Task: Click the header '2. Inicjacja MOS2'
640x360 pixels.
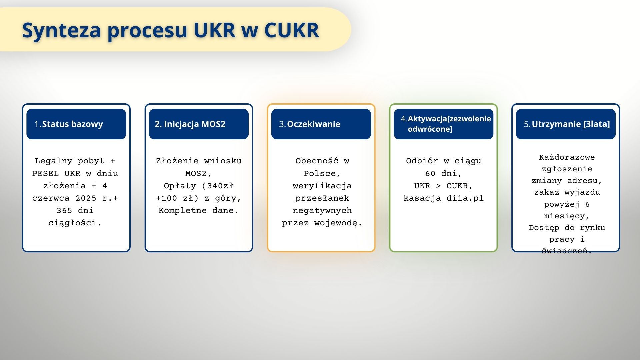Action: click(x=190, y=124)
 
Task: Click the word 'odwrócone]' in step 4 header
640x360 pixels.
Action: click(x=430, y=129)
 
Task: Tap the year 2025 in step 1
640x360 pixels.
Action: click(x=86, y=198)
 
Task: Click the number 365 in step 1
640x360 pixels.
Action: click(x=65, y=211)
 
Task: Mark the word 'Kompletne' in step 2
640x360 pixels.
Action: click(x=182, y=211)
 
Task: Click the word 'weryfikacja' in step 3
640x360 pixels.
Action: click(x=322, y=186)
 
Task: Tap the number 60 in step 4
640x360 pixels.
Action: click(x=430, y=173)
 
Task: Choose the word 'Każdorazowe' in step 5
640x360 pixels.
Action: click(x=567, y=157)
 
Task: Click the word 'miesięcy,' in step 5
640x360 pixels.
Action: click(x=567, y=216)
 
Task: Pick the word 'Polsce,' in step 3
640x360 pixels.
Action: click(x=322, y=173)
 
